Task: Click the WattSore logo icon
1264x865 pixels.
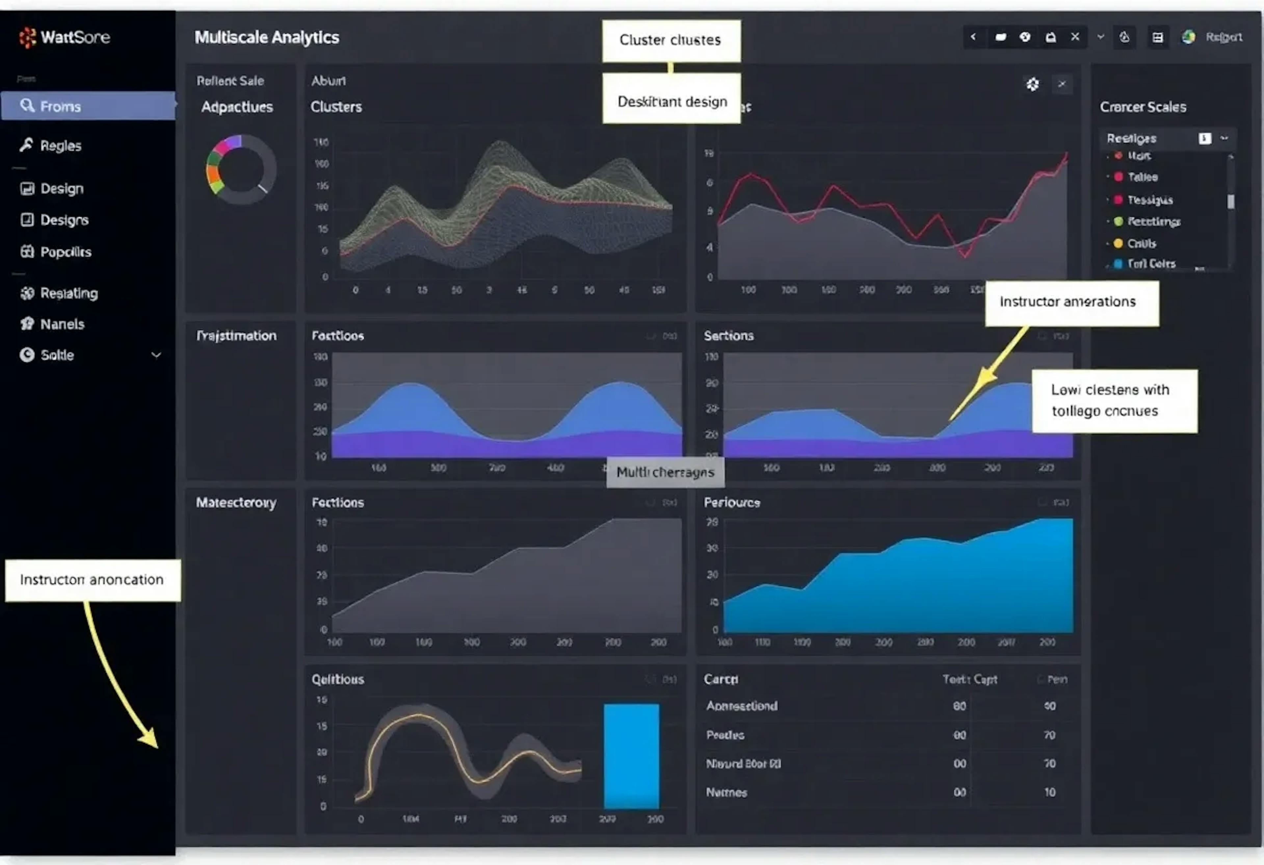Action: coord(27,38)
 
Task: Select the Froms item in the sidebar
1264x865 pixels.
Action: coord(60,106)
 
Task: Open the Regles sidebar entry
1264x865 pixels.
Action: coord(60,146)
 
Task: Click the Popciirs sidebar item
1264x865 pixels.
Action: coord(65,252)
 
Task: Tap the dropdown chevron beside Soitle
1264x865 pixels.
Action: coord(156,355)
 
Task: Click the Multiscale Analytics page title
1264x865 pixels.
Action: coord(267,38)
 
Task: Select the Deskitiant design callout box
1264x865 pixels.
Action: coord(672,102)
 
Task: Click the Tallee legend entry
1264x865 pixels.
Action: coord(1142,177)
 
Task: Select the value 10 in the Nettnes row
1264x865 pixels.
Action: coord(1049,792)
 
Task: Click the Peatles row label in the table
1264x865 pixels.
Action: coord(725,735)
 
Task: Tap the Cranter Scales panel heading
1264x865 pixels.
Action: coord(1143,107)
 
